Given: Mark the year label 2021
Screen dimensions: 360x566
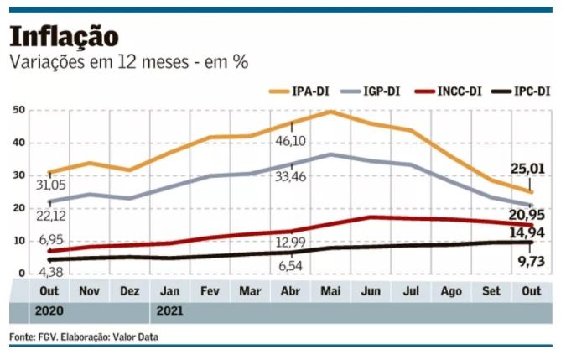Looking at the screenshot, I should pos(168,310).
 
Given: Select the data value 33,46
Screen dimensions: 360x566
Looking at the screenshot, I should pos(289,175).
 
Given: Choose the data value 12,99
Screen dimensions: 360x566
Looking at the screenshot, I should pos(291,243).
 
